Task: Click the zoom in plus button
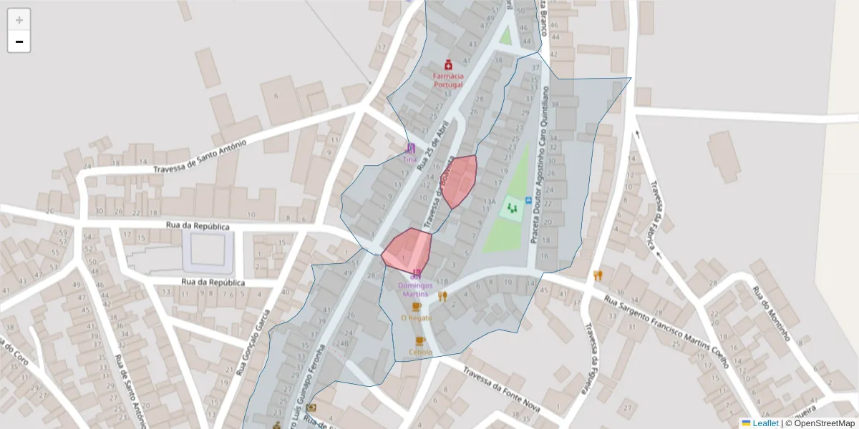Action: point(19,20)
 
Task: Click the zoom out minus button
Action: point(19,41)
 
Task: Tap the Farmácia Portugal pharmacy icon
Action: point(448,64)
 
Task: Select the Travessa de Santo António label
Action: point(200,156)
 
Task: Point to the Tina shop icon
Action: point(410,148)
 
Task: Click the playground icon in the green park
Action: point(512,208)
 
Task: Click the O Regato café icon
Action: point(417,306)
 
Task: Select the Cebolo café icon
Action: point(420,340)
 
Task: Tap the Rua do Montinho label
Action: point(770,313)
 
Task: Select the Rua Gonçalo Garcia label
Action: point(253,342)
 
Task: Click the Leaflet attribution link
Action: point(765,423)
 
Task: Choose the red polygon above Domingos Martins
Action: point(407,248)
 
